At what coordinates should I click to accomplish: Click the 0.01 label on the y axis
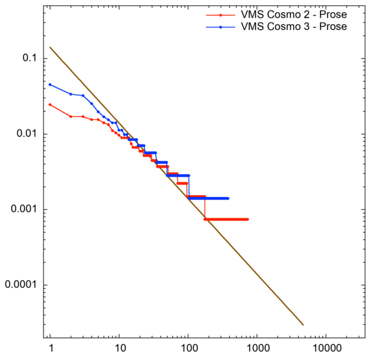25,134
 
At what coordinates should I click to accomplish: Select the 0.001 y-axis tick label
23,210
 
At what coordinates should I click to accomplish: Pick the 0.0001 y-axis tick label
20,285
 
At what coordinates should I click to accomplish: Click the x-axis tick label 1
50,348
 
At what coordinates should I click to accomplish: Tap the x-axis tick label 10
119,348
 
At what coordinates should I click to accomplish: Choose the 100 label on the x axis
188,348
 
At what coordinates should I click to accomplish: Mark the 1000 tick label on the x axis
257,348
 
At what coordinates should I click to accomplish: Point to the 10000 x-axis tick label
326,348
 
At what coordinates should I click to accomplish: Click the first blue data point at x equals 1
50,84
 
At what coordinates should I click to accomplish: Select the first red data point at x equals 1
50,105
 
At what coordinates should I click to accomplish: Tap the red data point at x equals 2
71,116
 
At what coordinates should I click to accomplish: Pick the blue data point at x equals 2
71,94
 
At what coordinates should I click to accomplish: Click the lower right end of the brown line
303,325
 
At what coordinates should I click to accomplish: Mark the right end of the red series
248,219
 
